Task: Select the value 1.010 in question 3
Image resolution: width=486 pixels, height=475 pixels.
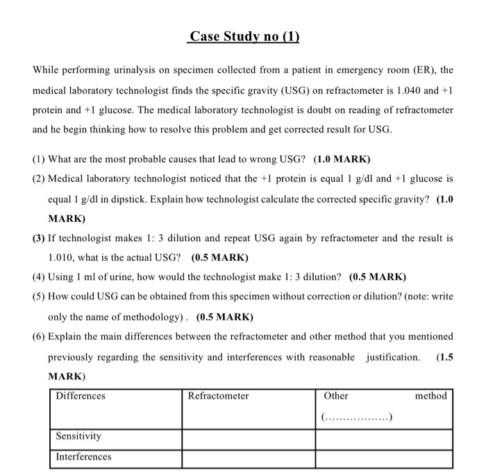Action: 61,257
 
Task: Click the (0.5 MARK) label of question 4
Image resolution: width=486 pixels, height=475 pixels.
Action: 378,277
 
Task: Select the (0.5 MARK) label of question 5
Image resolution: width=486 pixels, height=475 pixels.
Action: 225,317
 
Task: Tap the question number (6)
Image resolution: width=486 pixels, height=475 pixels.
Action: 39,336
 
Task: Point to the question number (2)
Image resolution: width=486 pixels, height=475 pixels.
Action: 39,178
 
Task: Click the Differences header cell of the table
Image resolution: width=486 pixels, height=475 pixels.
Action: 81,396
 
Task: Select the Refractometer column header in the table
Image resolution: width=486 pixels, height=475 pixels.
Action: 218,396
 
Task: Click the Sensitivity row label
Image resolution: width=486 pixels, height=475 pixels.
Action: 78,436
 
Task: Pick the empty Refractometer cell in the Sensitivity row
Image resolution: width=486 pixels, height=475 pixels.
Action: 249,438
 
